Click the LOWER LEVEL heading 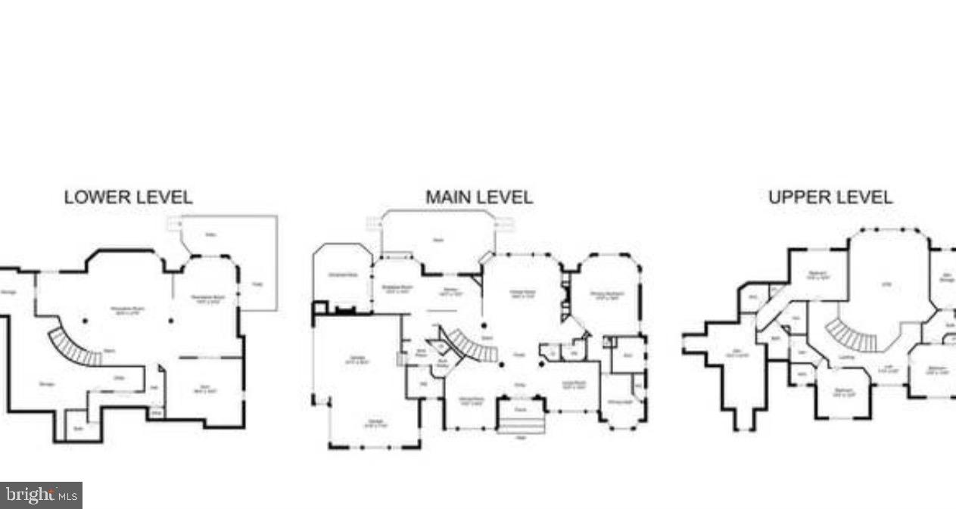point(128,197)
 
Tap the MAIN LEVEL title point(478,197)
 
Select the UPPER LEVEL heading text point(830,197)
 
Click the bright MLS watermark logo point(41,495)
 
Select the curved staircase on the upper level point(851,335)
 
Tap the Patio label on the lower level point(210,235)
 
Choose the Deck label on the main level point(438,241)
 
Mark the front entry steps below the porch point(521,424)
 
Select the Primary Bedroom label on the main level point(606,298)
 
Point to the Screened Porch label point(342,275)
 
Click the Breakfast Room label point(397,287)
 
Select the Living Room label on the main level point(573,384)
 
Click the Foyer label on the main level point(519,355)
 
